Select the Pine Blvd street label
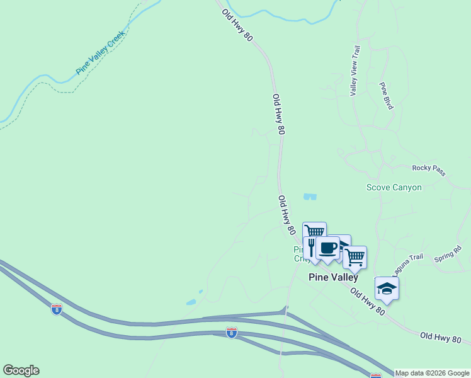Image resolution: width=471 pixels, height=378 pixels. [386, 96]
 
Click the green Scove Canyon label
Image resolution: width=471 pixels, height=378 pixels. [394, 187]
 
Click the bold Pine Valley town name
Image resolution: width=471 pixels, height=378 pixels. [333, 277]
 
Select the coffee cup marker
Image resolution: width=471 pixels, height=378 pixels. [327, 248]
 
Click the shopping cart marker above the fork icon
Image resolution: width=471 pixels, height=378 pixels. [314, 231]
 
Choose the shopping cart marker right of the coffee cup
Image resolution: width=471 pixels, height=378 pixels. [355, 256]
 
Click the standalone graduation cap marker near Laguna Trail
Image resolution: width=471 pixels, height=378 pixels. [387, 288]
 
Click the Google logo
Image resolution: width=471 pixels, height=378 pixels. [21, 370]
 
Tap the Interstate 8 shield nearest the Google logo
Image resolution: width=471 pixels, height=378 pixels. [57, 309]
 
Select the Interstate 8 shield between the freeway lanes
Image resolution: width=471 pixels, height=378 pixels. [232, 332]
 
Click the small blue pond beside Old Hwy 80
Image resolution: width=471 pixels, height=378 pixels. [310, 197]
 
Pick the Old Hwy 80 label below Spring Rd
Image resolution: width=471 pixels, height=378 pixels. [443, 338]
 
